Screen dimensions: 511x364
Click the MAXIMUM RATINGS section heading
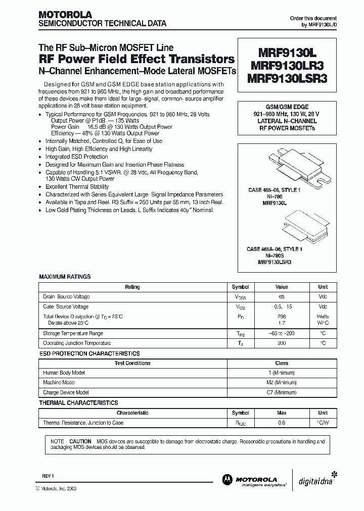coord(65,277)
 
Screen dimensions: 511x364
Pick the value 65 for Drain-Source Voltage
coord(282,297)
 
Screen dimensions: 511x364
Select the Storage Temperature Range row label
coord(73,333)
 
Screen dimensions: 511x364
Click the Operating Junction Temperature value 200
coord(282,343)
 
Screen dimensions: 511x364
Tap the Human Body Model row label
coord(63,373)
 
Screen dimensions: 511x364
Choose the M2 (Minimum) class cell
coord(282,383)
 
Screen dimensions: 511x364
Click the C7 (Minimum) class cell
coord(282,392)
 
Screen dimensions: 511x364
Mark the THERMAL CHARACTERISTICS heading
coord(78,403)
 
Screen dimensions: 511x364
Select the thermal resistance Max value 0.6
coord(282,423)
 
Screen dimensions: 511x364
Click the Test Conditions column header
coord(132,363)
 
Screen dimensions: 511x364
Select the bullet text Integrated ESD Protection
coord(76,157)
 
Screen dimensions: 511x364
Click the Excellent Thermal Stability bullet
coord(77,186)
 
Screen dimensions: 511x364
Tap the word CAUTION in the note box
coord(80,441)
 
